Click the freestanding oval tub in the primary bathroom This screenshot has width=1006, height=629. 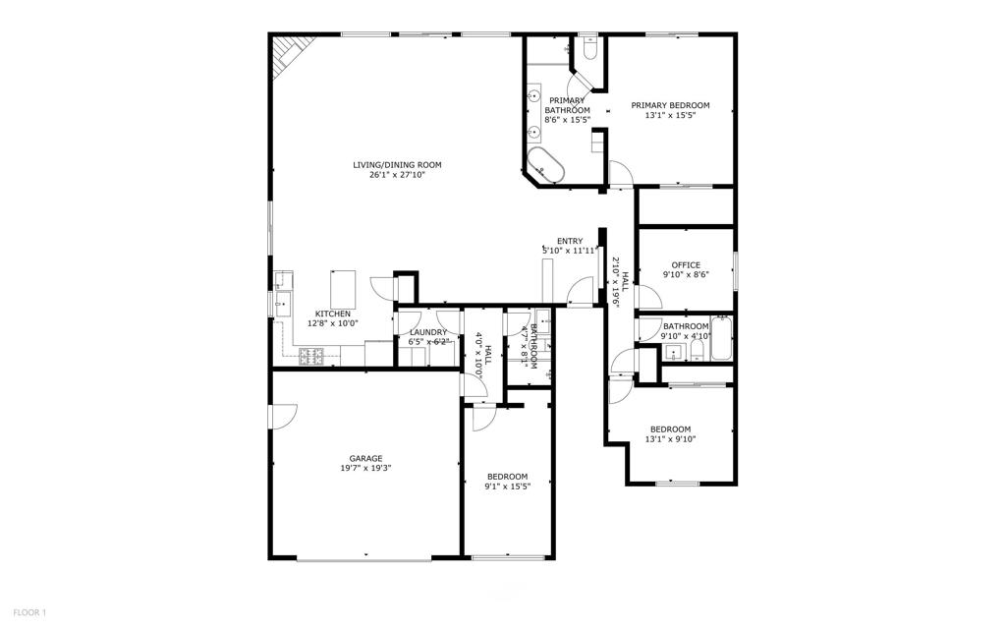tap(546, 166)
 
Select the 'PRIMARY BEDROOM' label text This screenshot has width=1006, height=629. tap(670, 105)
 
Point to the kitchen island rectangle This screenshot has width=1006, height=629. tap(343, 288)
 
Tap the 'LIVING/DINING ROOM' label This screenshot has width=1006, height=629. tap(398, 164)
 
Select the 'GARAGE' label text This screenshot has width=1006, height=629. tap(365, 458)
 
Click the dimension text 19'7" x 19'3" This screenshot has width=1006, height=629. tap(365, 469)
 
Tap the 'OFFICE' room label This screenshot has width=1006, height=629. tap(686, 265)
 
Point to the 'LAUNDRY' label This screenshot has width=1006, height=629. tap(428, 332)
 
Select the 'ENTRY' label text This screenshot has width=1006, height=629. tap(570, 241)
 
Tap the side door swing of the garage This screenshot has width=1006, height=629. tap(282, 417)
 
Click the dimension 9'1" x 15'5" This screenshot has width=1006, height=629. tap(508, 486)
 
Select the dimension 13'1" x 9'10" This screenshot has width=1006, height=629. tap(670, 439)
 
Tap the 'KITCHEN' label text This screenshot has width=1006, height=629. tap(332, 314)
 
